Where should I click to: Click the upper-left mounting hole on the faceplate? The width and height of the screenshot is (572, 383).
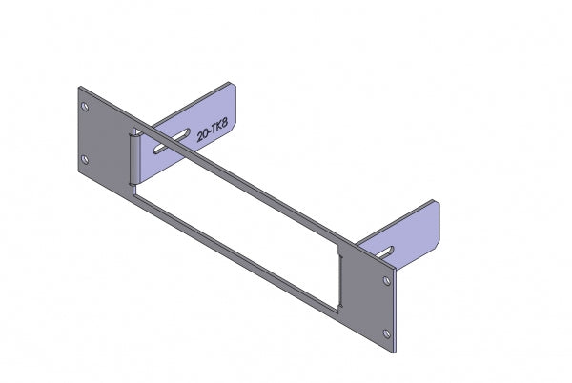[x=85, y=107]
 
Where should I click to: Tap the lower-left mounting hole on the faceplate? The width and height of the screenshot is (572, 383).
[x=85, y=159]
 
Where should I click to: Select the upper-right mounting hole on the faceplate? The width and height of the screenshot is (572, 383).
[x=386, y=282]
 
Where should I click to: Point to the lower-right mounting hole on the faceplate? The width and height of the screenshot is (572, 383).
[x=386, y=333]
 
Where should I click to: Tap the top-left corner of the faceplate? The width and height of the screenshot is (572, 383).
[x=79, y=89]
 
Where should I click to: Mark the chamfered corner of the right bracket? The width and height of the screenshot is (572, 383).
[x=437, y=203]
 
